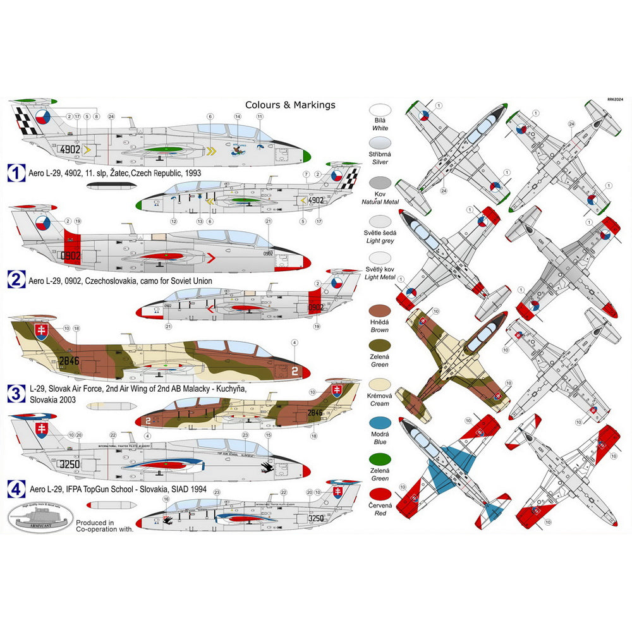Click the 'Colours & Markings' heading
pyautogui.click(x=290, y=105)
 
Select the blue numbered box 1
pyautogui.click(x=16, y=172)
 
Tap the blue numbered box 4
pyautogui.click(x=16, y=487)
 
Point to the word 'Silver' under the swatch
pyautogui.click(x=379, y=162)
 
